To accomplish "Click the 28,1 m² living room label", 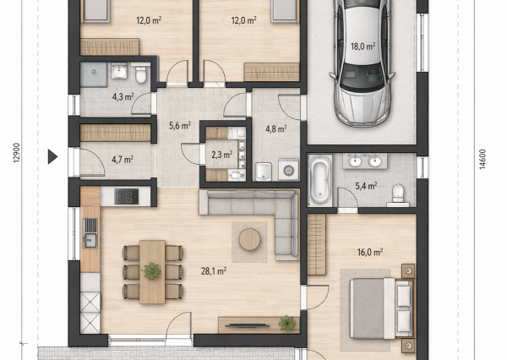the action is pyautogui.click(x=214, y=271).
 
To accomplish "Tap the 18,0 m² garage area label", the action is pyautogui.click(x=363, y=46).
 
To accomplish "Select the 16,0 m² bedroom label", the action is pyautogui.click(x=370, y=252).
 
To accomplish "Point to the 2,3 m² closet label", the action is pyautogui.click(x=221, y=155).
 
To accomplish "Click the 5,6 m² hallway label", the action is pyautogui.click(x=180, y=126).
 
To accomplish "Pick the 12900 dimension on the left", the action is pyautogui.click(x=17, y=153).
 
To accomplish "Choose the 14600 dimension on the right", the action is pyautogui.click(x=482, y=159).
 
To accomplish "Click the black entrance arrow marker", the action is pyautogui.click(x=52, y=156).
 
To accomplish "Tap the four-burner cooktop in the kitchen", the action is pyautogui.click(x=126, y=196).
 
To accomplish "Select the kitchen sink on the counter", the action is pyautogui.click(x=90, y=233).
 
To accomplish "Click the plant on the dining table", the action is pyautogui.click(x=152, y=270).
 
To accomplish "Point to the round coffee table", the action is pyautogui.click(x=249, y=239).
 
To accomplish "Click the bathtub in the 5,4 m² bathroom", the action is pyautogui.click(x=319, y=180).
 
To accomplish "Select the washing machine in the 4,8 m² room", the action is pyautogui.click(x=288, y=169).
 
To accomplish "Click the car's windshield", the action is pyautogui.click(x=363, y=76).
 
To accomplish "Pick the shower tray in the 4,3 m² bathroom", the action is pyautogui.click(x=94, y=74).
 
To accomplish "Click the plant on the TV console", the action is pyautogui.click(x=287, y=324).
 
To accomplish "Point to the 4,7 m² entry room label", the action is pyautogui.click(x=123, y=160).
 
